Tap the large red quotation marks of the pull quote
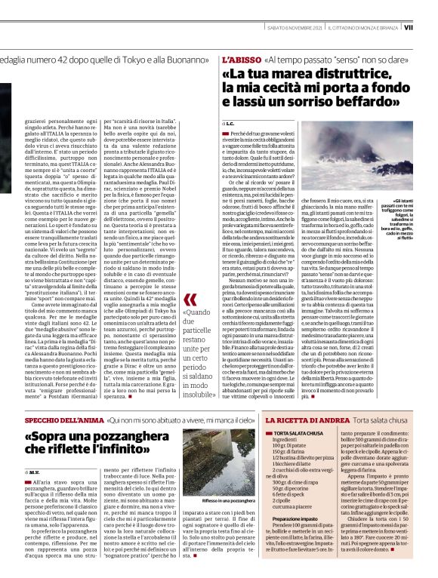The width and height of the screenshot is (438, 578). coord(189,300)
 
